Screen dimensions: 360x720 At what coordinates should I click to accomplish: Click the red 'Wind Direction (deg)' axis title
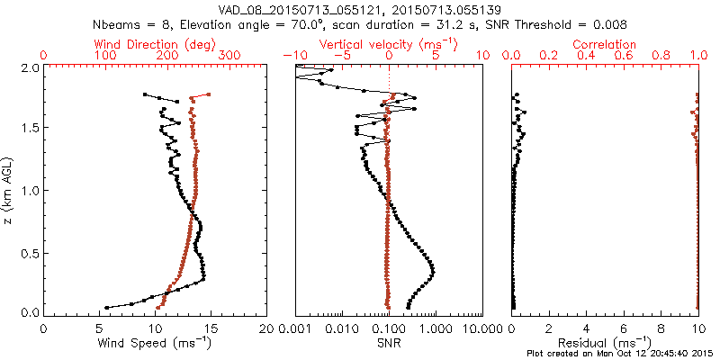[156, 43]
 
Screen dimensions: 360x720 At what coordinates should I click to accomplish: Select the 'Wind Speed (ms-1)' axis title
[156, 342]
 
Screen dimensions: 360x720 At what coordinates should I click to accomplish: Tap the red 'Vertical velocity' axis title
[388, 43]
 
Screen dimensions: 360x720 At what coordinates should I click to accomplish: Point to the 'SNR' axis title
[388, 342]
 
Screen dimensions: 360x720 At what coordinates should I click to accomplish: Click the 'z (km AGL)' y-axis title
[9, 189]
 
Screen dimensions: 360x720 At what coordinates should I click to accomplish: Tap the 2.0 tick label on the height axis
[29, 67]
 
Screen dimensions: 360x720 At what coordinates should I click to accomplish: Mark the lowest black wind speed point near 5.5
[106, 307]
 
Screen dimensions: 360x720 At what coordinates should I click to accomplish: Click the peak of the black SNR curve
[434, 270]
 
